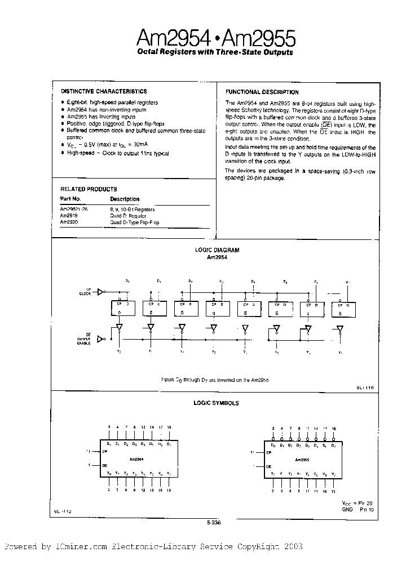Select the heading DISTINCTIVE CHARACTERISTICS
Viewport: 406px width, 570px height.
(x=103, y=91)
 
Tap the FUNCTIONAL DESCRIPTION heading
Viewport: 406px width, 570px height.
(x=262, y=92)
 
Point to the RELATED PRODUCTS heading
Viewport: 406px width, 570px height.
(x=89, y=189)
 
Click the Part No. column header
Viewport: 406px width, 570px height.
(x=70, y=199)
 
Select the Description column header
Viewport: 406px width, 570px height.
(x=125, y=199)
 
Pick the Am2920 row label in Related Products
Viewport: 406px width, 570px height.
(x=69, y=222)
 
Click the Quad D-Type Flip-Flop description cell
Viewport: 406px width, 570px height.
(x=135, y=222)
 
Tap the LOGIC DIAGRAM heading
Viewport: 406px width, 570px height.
(x=217, y=250)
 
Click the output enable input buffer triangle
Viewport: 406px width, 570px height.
(x=101, y=339)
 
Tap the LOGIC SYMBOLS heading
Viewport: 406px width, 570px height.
(x=217, y=403)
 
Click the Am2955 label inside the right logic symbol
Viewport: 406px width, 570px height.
(x=303, y=459)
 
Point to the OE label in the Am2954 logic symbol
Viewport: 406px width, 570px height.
(x=105, y=466)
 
